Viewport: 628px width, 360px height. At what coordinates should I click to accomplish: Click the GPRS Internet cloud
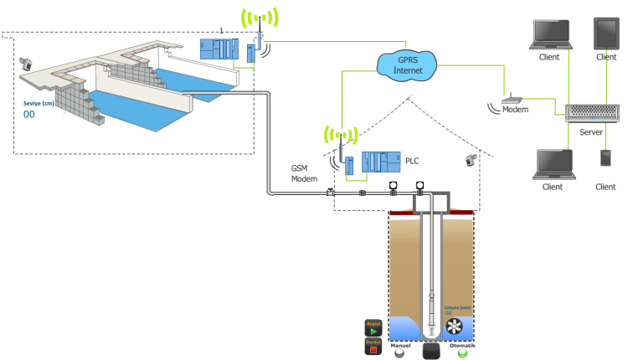click(x=408, y=64)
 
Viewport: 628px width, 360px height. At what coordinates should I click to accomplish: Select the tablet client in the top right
click(x=605, y=33)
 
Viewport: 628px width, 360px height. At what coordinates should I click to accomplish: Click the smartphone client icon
click(x=605, y=158)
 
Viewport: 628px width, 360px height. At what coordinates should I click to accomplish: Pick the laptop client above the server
click(x=550, y=34)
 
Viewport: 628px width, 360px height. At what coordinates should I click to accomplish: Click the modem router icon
click(x=511, y=100)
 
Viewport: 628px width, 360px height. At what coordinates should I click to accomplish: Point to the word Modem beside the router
click(x=516, y=110)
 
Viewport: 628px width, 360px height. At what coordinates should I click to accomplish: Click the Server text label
click(x=591, y=132)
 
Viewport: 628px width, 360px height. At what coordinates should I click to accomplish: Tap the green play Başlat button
click(x=373, y=332)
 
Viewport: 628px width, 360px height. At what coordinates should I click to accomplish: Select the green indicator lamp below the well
click(x=462, y=352)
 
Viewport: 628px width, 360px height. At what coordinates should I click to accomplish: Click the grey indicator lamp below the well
click(x=399, y=353)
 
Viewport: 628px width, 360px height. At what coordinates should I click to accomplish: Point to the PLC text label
click(x=412, y=160)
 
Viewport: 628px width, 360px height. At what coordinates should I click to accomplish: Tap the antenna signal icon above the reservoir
click(x=260, y=18)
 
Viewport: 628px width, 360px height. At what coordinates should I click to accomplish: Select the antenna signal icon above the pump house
click(x=341, y=135)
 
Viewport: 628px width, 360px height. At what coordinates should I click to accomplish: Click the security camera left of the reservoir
click(x=26, y=64)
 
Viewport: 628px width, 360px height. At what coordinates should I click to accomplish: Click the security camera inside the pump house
click(x=471, y=158)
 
